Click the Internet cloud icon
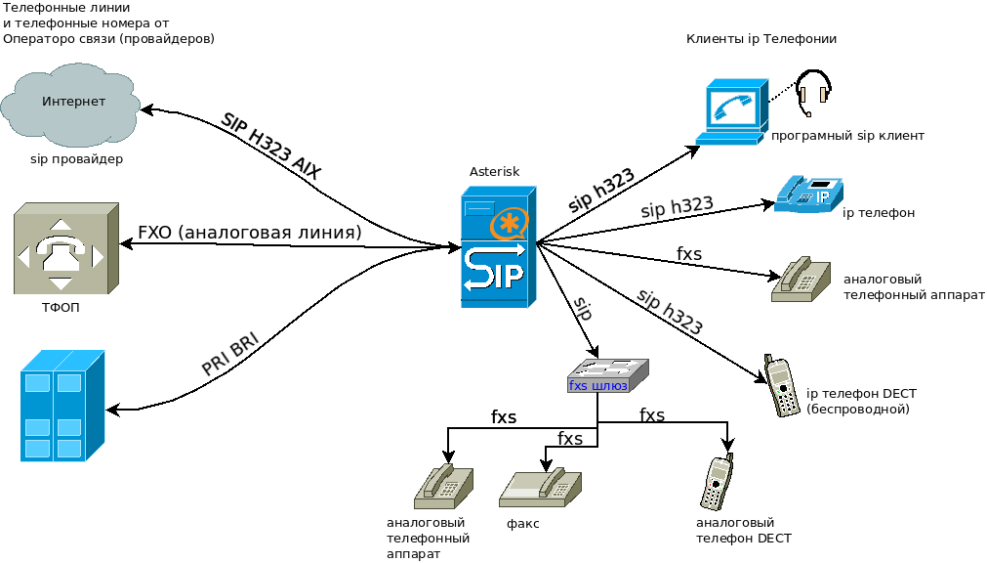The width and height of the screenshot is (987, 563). [74, 104]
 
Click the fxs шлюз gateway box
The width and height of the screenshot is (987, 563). [607, 374]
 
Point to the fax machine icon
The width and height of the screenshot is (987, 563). [540, 486]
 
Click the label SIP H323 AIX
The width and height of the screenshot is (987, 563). [271, 144]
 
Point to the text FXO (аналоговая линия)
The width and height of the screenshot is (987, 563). [250, 233]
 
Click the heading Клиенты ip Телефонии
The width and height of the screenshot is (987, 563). [761, 39]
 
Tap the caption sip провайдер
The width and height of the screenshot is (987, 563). [76, 158]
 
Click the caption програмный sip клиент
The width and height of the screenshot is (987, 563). [847, 136]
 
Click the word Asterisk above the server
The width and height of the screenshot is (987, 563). [494, 172]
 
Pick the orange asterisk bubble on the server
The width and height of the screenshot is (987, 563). [509, 225]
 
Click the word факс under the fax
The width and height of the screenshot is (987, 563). [523, 524]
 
